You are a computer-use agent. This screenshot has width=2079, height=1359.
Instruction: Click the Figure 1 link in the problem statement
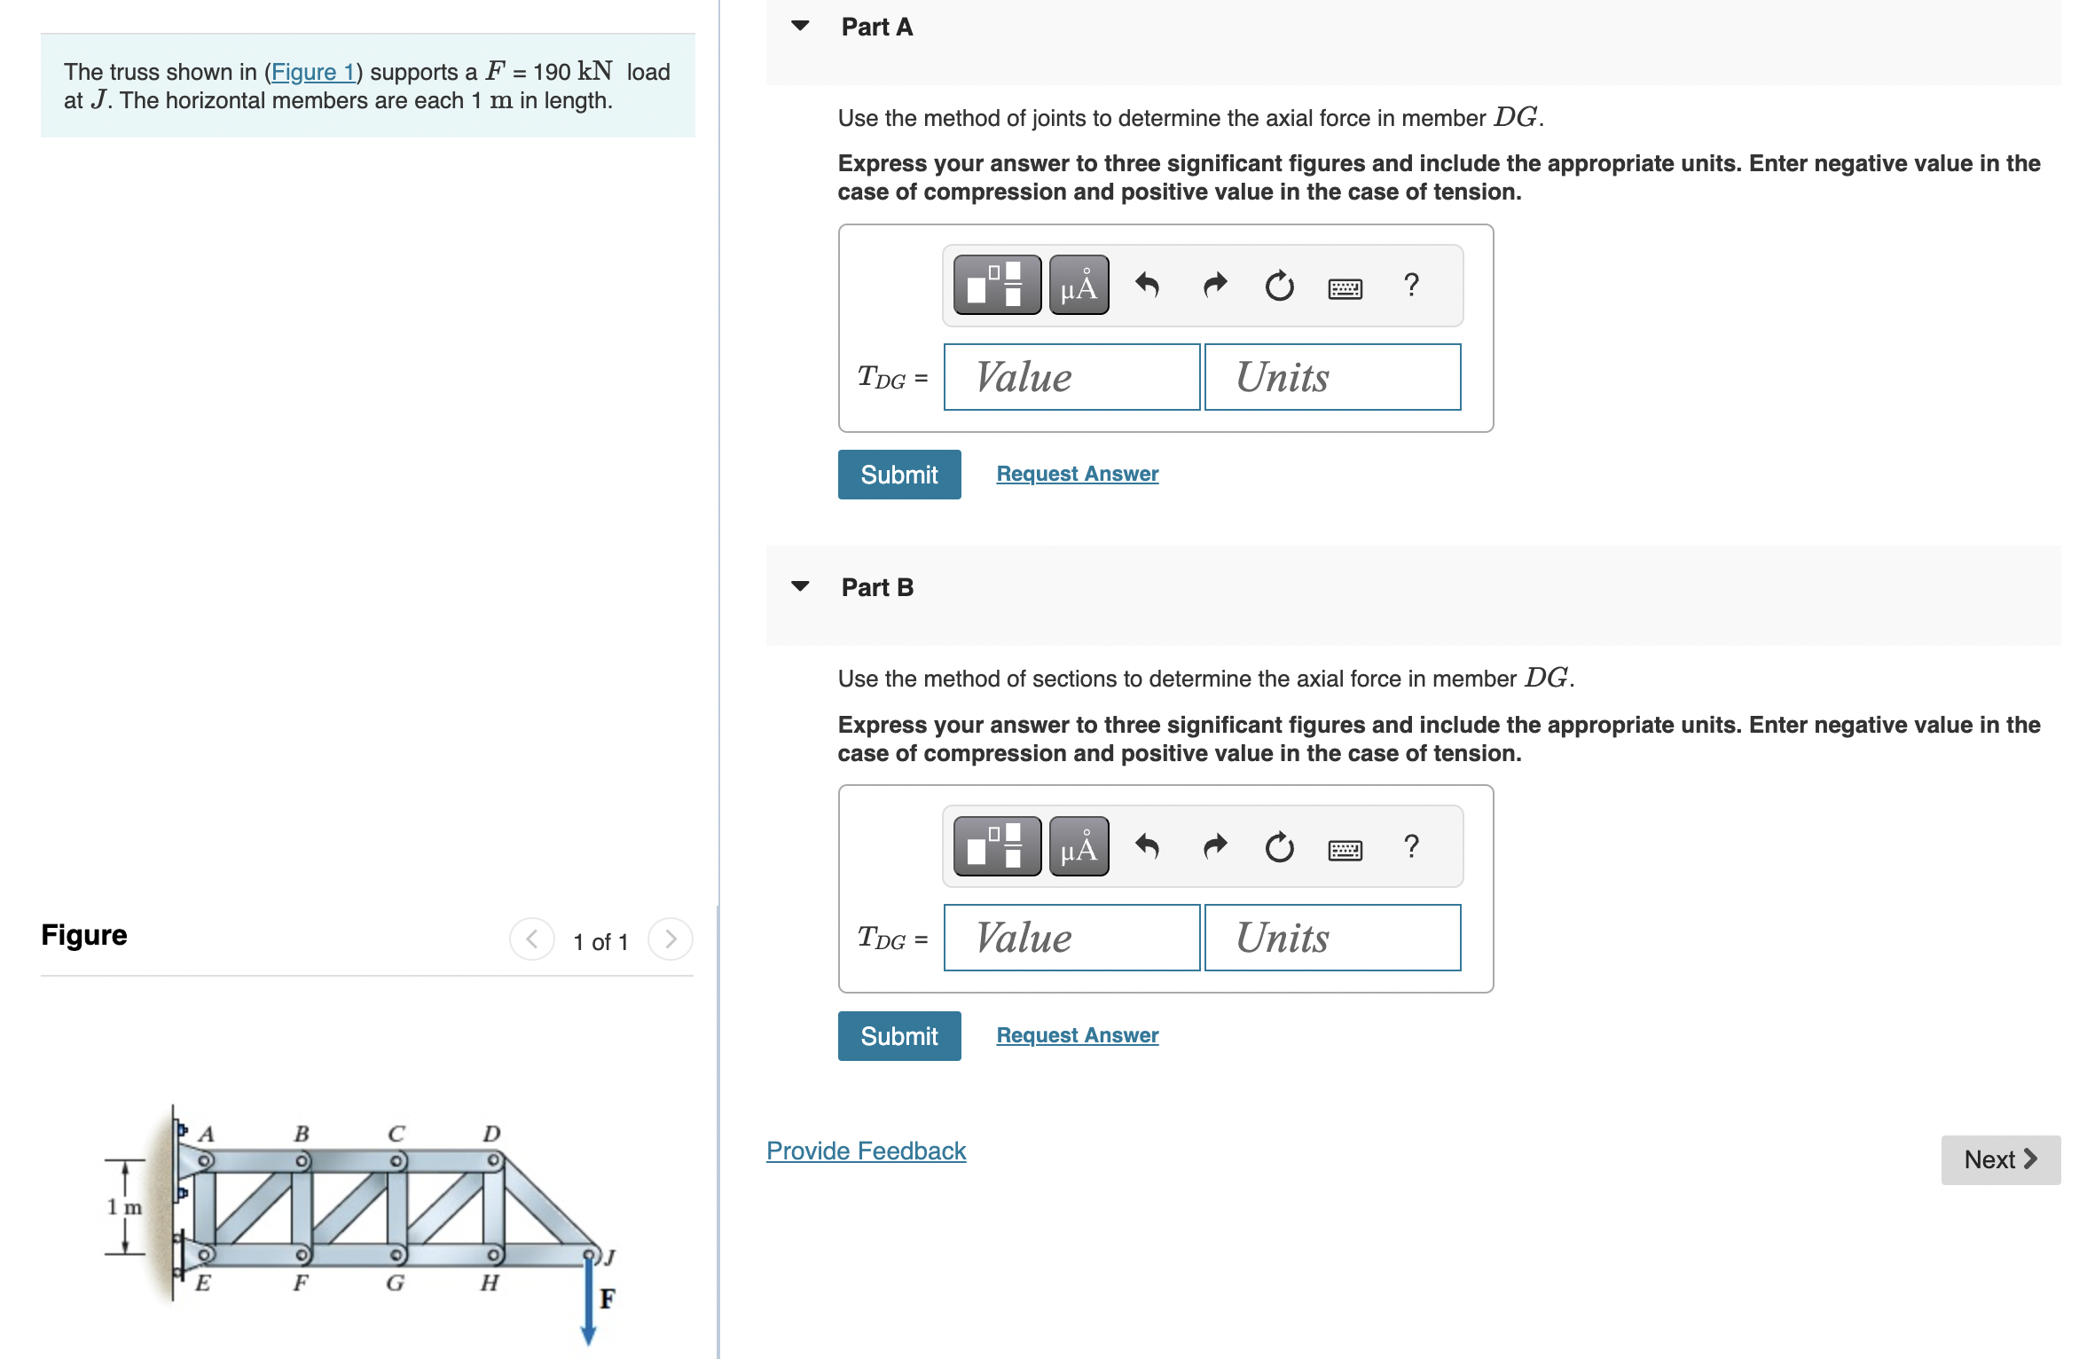coord(312,72)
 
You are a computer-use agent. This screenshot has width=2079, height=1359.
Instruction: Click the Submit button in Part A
coord(898,475)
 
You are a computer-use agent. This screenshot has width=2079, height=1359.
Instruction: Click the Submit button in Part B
coord(898,1036)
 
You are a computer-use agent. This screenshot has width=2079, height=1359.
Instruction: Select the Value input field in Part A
coord(1071,378)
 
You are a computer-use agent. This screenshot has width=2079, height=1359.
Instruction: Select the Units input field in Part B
coord(1331,939)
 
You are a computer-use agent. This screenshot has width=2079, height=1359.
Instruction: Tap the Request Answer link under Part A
coord(1077,475)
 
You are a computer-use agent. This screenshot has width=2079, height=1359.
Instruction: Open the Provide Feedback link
coord(866,1151)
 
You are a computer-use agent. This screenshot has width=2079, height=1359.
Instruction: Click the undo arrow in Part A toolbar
coord(1147,286)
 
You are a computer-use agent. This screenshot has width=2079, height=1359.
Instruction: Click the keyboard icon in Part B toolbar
coord(1345,849)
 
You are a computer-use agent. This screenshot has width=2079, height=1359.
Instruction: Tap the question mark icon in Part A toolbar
coord(1410,286)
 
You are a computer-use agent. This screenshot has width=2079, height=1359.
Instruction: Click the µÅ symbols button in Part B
coord(1079,847)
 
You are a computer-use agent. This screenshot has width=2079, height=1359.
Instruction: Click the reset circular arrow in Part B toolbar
coord(1278,847)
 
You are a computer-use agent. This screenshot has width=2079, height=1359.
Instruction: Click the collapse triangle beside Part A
coord(800,27)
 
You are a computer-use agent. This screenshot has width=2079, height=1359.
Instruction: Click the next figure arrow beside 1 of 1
coord(670,939)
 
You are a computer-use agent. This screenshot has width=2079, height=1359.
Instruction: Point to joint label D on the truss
coord(491,1134)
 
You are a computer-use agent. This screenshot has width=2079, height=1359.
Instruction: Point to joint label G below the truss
coord(395,1283)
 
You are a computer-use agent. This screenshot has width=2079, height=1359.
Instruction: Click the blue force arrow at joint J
coord(587,1304)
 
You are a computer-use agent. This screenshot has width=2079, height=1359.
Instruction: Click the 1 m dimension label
coord(124,1207)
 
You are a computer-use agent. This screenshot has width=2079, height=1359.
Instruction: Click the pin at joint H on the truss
coord(494,1254)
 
